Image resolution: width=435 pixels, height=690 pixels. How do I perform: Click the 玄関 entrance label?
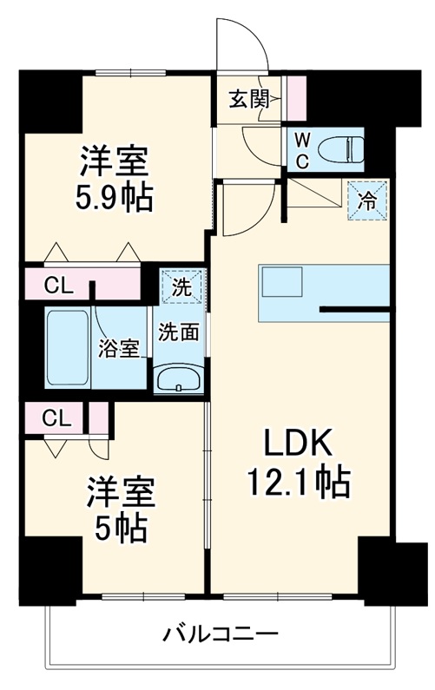tap(248, 99)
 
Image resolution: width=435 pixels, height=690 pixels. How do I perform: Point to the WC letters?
tap(301, 148)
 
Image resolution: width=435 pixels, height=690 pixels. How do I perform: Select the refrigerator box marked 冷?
tap(367, 201)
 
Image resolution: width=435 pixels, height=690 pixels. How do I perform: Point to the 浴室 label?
tap(121, 350)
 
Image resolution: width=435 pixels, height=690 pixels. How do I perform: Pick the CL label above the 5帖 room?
tap(56, 417)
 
